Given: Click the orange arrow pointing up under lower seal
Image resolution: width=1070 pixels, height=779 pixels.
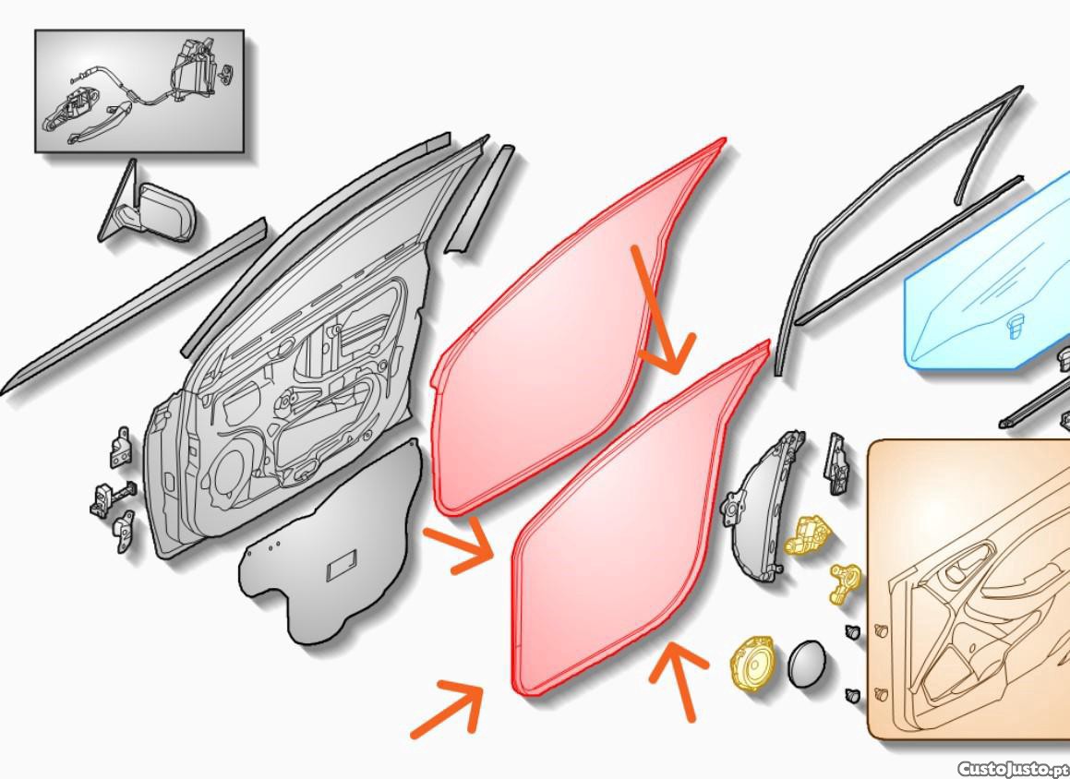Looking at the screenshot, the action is click(x=678, y=678).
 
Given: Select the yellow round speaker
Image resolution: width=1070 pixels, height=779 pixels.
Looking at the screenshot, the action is click(x=752, y=662).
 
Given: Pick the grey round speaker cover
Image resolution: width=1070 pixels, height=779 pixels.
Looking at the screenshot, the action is click(x=807, y=664).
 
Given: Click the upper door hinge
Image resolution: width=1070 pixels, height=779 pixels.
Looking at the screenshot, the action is click(x=121, y=449).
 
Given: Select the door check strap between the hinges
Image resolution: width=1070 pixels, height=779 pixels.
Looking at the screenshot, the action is click(x=113, y=497).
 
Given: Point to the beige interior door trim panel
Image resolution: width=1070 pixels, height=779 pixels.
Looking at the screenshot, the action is click(x=969, y=590).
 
